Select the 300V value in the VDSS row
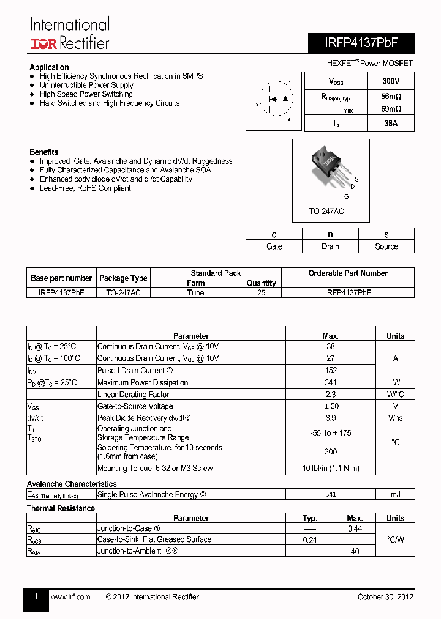click(390, 81)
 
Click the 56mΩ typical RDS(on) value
click(390, 97)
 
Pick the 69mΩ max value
click(390, 109)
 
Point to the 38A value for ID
click(390, 124)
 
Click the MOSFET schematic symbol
click(274, 100)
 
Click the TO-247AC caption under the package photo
click(326, 211)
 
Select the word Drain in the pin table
click(330, 246)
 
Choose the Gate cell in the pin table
click(274, 246)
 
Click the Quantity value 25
click(261, 292)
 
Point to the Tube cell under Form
click(196, 292)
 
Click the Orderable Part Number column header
click(348, 273)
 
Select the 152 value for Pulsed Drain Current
click(330, 370)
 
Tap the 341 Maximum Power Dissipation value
click(330, 382)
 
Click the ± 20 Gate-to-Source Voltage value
click(330, 406)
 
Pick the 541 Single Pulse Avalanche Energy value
click(330, 494)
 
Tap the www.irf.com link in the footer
click(70, 597)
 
